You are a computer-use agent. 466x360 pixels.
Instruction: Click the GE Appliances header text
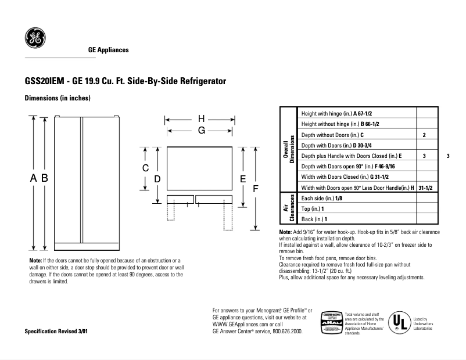(108, 50)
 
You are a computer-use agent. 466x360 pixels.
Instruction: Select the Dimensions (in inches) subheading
(58, 98)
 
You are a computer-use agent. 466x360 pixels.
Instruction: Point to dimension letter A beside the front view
(33, 178)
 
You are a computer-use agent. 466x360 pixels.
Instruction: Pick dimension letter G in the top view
(201, 131)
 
